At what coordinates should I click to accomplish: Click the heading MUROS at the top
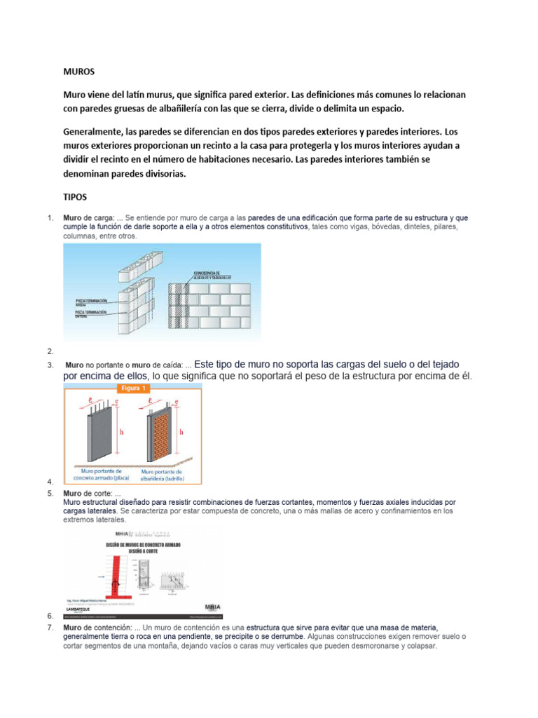tap(78, 72)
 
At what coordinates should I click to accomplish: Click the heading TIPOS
tap(74, 198)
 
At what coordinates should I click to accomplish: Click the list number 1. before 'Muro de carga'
tap(50, 218)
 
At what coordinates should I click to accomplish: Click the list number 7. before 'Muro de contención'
tap(50, 626)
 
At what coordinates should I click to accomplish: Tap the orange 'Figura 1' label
tap(133, 388)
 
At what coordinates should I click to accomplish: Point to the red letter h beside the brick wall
tap(181, 433)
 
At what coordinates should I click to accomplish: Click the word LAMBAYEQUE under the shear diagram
tap(84, 609)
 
